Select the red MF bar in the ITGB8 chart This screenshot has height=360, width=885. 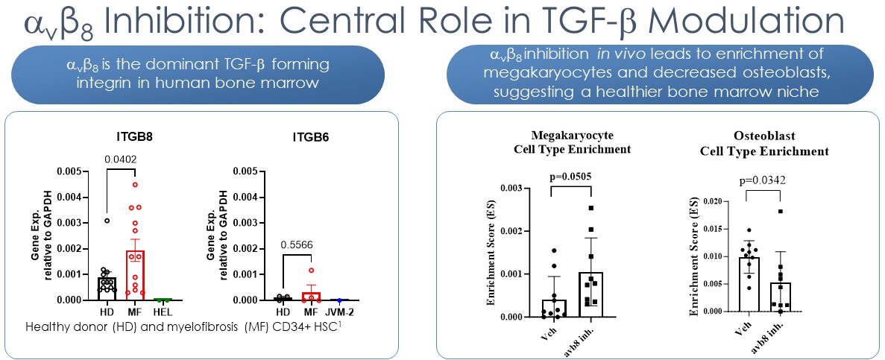tap(135, 276)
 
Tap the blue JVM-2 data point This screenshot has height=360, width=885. tap(338, 299)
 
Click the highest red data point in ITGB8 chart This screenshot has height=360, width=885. tap(135, 185)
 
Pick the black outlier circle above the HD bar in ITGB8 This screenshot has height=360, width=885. tap(107, 221)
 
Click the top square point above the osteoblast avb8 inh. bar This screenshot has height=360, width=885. tap(780, 212)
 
